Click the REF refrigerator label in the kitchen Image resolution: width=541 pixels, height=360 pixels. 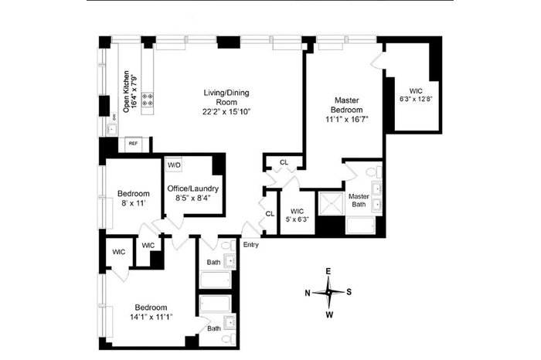(x=133, y=144)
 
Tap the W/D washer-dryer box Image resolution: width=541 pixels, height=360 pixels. (x=174, y=165)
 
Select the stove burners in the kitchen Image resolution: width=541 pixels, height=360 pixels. (x=148, y=100)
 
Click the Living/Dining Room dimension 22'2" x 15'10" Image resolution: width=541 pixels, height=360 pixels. (x=226, y=112)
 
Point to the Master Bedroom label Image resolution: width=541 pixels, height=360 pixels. (x=347, y=105)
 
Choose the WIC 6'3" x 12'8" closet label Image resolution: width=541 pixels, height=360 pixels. (x=416, y=95)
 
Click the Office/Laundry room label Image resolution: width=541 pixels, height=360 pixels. (x=193, y=188)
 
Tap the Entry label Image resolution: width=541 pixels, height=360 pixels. (x=251, y=245)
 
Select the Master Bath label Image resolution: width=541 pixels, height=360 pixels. (x=359, y=200)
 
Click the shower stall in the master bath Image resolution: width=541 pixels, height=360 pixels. (x=331, y=203)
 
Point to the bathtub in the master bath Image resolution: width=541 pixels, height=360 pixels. (x=361, y=226)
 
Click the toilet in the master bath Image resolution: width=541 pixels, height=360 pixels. (x=374, y=172)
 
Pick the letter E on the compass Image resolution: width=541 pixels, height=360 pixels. (x=328, y=271)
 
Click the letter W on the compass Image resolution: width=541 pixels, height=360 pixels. (x=329, y=314)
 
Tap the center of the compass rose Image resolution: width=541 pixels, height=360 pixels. (x=328, y=293)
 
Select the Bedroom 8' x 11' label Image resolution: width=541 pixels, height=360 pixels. (x=133, y=199)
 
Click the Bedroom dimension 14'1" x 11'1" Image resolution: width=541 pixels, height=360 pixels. (x=151, y=317)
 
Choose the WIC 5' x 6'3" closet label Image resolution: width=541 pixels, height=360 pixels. (x=297, y=216)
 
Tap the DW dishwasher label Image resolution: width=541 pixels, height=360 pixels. (x=114, y=117)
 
